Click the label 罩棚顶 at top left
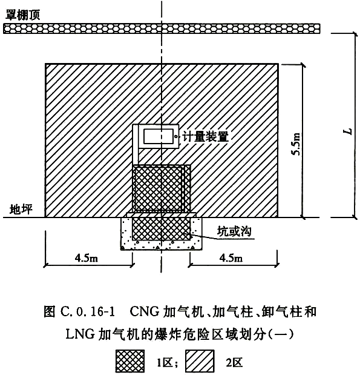[22, 15]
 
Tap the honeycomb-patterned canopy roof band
[162, 28]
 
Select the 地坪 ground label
[21, 209]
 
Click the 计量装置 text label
[205, 136]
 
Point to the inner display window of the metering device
[159, 136]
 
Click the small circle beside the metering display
[176, 136]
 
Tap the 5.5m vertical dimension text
[296, 144]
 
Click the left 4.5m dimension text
[87, 258]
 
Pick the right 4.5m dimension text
[231, 258]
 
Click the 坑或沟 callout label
[234, 231]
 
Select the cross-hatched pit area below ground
[162, 228]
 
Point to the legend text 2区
[234, 362]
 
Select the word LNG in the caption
[80, 334]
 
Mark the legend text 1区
[165, 362]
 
